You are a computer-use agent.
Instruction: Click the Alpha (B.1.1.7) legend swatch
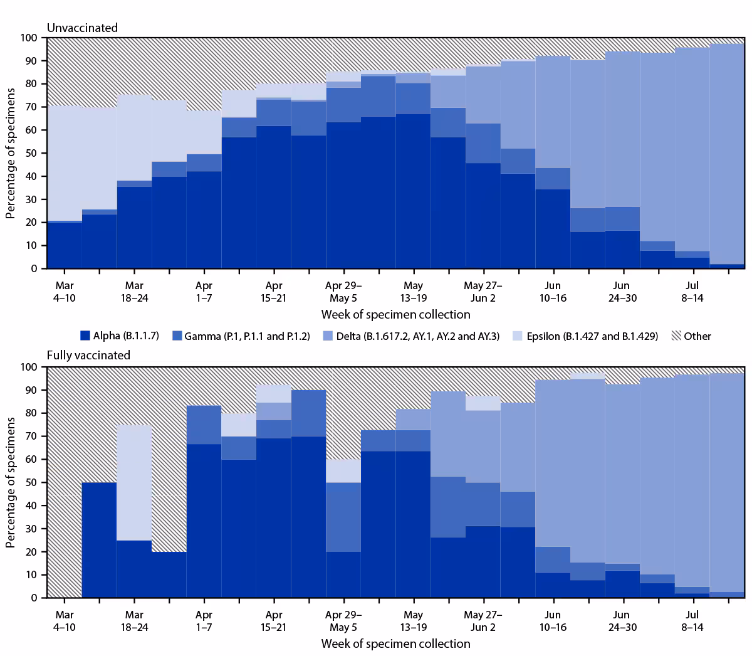86,336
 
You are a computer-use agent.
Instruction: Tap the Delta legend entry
410,336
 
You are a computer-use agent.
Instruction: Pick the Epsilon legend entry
585,336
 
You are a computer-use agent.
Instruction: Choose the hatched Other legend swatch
676,336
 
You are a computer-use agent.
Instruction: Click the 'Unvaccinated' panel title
82,28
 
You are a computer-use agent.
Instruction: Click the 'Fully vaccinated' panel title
88,355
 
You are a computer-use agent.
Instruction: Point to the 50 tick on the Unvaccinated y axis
31,153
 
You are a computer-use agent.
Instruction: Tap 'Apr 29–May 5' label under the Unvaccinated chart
343,292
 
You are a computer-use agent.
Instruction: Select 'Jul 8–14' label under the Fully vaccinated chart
692,621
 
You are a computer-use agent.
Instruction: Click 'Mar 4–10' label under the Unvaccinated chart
64,292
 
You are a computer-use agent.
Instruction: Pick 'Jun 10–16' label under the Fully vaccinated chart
552,621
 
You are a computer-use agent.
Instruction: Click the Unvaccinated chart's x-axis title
395,314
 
